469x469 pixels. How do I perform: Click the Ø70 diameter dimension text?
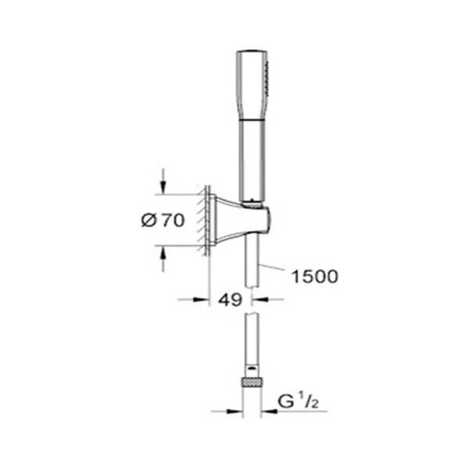163,220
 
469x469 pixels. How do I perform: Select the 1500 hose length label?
313,277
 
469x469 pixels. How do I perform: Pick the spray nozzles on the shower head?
269,75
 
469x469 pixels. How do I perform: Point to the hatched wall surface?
206,220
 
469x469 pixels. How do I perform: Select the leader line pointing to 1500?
274,270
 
